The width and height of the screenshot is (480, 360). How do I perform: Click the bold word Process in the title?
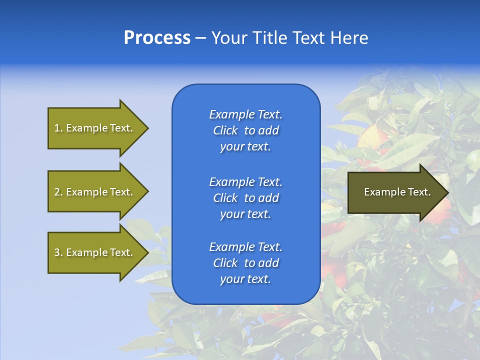[157, 38]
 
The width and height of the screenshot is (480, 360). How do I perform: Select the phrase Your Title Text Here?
[290, 38]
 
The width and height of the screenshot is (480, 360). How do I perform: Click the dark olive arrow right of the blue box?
[395, 192]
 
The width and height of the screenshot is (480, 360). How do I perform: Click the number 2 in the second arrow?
[57, 192]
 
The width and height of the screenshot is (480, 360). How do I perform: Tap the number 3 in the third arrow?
[57, 252]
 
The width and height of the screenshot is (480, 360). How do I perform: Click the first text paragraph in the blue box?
[245, 130]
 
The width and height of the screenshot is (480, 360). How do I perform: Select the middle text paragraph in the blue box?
[245, 198]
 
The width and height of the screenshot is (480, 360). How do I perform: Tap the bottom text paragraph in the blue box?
[245, 263]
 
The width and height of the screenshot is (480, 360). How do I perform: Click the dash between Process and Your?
[201, 38]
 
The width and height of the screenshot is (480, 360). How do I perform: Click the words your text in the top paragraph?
[245, 147]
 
